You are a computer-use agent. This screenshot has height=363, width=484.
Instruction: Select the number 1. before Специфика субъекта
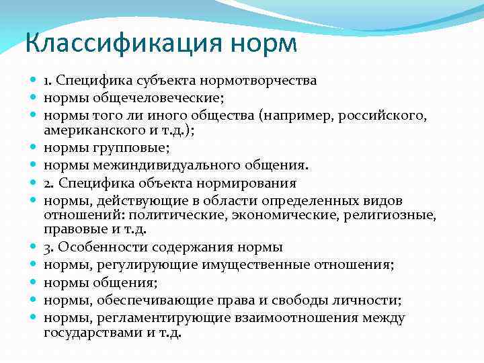[x=48, y=81]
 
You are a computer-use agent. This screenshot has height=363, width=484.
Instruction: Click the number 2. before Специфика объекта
[x=48, y=182]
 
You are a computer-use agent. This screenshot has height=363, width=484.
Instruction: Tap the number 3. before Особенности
[x=48, y=247]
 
